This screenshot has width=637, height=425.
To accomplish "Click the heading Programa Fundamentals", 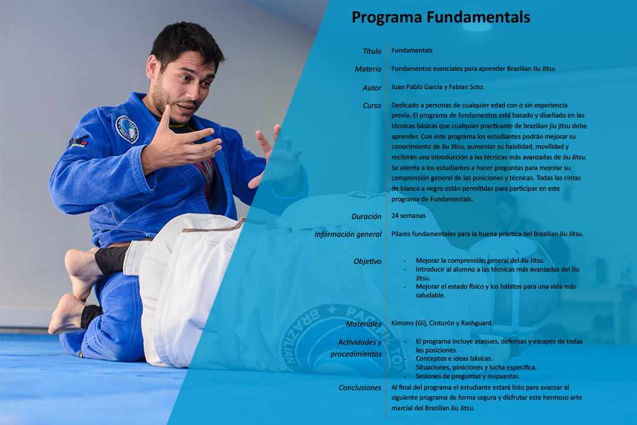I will tap(441, 18).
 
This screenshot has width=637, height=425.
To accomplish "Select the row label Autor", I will tap(372, 88).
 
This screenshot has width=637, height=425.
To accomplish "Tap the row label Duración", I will tap(366, 217).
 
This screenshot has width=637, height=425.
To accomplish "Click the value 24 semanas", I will tap(408, 216).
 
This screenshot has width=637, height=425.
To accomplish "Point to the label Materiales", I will tap(363, 324).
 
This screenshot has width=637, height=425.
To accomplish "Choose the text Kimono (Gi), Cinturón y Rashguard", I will tap(442, 323).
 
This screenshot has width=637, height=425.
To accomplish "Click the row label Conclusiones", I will tap(360, 388).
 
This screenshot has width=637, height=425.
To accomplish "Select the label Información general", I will tap(348, 234).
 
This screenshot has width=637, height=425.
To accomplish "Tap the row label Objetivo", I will tap(367, 261).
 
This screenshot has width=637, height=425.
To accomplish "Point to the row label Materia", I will tap(367, 69).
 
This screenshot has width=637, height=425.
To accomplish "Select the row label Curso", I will tap(372, 106).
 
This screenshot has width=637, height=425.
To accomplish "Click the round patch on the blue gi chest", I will tap(126, 129).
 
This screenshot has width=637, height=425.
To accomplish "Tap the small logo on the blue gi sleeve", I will tap(79, 142).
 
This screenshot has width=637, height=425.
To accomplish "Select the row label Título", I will tap(372, 51).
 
